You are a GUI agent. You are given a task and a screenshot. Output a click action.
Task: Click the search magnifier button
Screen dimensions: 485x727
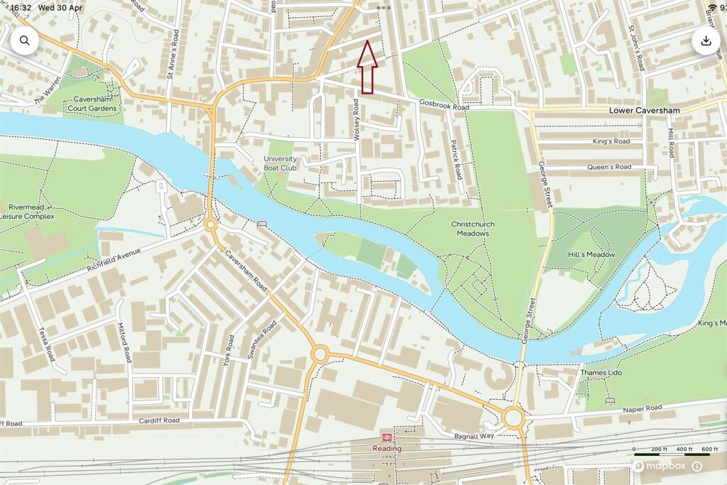[24, 40]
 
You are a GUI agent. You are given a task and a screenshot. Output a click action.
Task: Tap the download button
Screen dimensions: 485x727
[706, 40]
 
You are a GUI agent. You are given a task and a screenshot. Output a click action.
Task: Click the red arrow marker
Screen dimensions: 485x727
[367, 68]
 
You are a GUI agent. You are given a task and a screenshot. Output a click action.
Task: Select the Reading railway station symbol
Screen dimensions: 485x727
[388, 437]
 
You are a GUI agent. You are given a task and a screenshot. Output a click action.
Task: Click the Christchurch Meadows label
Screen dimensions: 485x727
[472, 229]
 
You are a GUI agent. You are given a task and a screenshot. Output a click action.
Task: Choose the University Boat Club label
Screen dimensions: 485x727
[280, 163]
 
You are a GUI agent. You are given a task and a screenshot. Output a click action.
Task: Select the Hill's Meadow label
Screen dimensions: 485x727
[591, 254]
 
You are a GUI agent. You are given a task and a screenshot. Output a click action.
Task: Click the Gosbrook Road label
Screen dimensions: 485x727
[444, 107]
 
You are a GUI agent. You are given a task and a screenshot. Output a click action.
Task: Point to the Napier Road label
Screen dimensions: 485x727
[642, 408]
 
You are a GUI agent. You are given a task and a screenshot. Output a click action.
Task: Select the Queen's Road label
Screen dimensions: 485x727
[608, 168]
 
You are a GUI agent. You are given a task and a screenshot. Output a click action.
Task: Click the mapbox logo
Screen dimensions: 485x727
[660, 466]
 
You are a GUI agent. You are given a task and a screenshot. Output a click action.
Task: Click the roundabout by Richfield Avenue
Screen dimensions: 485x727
[210, 225]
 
